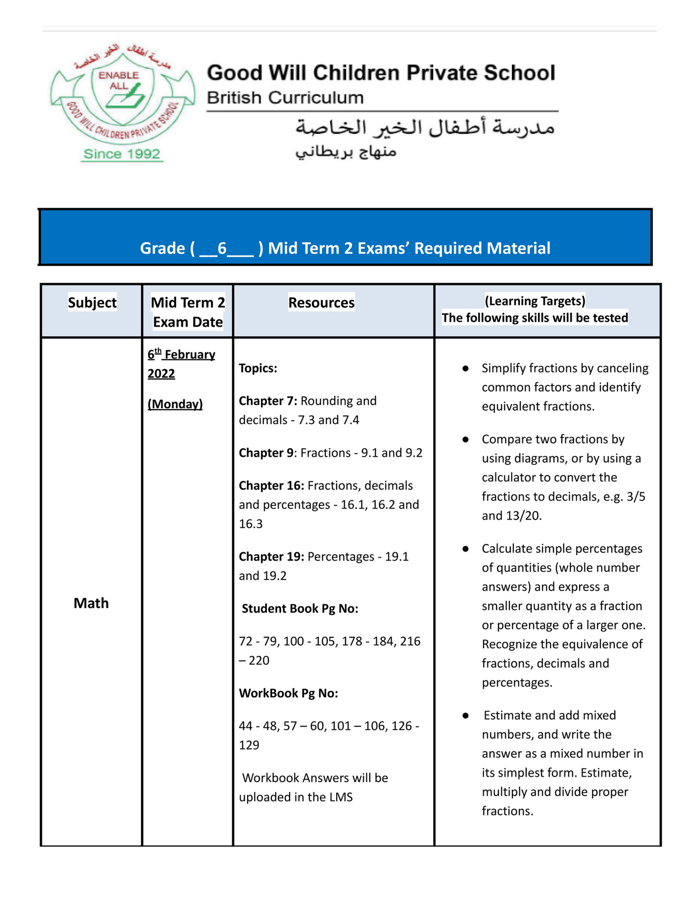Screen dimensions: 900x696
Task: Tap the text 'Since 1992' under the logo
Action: (122, 154)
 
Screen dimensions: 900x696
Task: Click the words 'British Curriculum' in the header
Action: (285, 97)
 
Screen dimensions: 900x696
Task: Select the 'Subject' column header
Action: (92, 302)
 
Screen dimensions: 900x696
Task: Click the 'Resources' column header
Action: (321, 302)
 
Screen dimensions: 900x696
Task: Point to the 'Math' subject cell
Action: (91, 603)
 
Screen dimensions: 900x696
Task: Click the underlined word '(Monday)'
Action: (175, 404)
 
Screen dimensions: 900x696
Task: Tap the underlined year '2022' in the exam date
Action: (161, 374)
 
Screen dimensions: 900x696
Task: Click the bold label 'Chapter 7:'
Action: (268, 401)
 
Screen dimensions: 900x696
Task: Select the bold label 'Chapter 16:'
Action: (271, 485)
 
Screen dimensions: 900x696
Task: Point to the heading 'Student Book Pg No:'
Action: (299, 609)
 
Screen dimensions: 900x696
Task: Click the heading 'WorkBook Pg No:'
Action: (288, 693)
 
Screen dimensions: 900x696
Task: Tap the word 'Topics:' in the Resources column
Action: (258, 368)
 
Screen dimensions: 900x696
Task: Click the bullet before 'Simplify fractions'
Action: (465, 369)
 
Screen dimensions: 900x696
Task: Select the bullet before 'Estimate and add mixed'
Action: (465, 715)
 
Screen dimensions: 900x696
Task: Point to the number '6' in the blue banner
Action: (222, 248)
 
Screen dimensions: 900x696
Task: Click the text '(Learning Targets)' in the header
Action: (535, 301)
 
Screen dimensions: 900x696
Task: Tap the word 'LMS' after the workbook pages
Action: (341, 797)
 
